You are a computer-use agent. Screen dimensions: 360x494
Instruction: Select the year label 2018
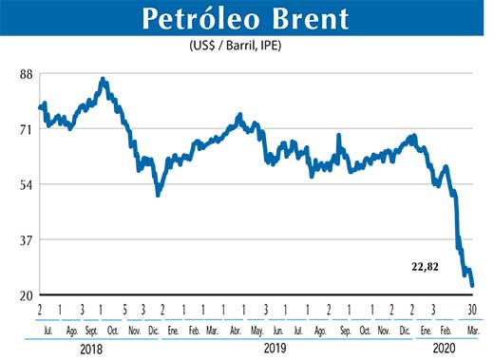click(91, 349)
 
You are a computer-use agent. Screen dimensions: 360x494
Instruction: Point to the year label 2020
click(442, 349)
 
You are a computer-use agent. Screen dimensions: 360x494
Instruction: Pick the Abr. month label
click(235, 332)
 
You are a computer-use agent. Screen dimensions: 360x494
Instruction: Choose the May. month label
click(256, 332)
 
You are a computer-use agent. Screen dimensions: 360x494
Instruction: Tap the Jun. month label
click(277, 332)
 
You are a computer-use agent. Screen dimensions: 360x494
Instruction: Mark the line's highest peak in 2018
click(103, 80)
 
